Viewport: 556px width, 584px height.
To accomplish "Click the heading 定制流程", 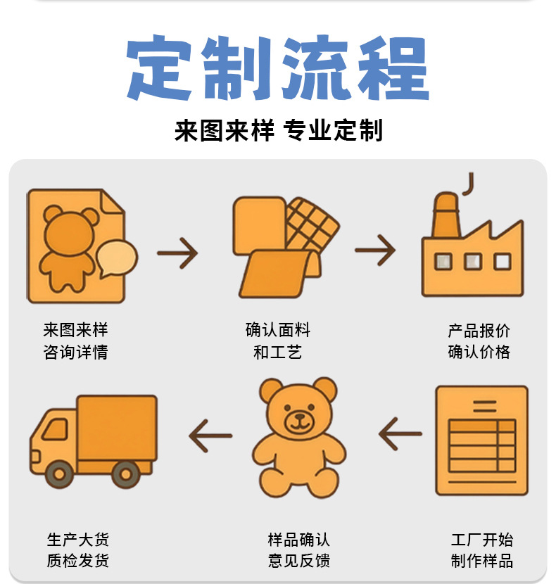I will (x=277, y=69).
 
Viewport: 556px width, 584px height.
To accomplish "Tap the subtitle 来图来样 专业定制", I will (x=278, y=131).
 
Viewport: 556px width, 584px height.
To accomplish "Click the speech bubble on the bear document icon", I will (x=117, y=258).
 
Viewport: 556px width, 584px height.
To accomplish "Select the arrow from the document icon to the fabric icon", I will (x=177, y=251).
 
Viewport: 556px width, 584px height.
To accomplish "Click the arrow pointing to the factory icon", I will (x=375, y=250).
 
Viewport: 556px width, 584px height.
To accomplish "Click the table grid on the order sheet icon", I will (x=482, y=445).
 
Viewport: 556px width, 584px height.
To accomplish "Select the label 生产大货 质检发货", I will (x=78, y=550).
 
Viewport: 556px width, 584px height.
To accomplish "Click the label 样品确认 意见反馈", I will (x=299, y=550).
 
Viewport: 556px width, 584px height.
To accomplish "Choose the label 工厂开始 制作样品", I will (x=482, y=550).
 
